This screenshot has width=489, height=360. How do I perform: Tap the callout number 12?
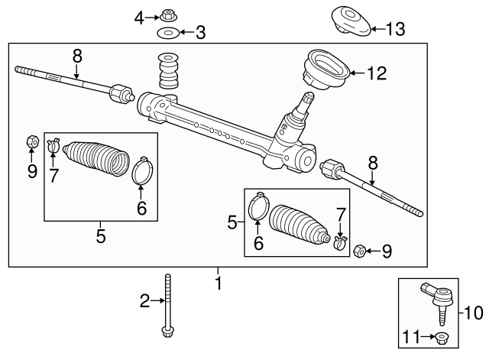pyautogui.click(x=377, y=73)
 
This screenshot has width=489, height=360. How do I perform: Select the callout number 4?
pyautogui.click(x=138, y=16)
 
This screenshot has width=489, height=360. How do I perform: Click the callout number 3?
pyautogui.click(x=200, y=33)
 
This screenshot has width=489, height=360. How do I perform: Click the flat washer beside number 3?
pyautogui.click(x=167, y=33)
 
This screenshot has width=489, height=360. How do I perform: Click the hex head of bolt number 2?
pyautogui.click(x=167, y=332)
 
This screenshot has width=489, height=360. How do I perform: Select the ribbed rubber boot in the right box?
pyautogui.click(x=298, y=222)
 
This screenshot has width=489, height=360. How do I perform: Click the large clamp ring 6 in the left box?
pyautogui.click(x=141, y=172)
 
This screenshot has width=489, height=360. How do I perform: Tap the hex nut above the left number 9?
pyautogui.click(x=31, y=141)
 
